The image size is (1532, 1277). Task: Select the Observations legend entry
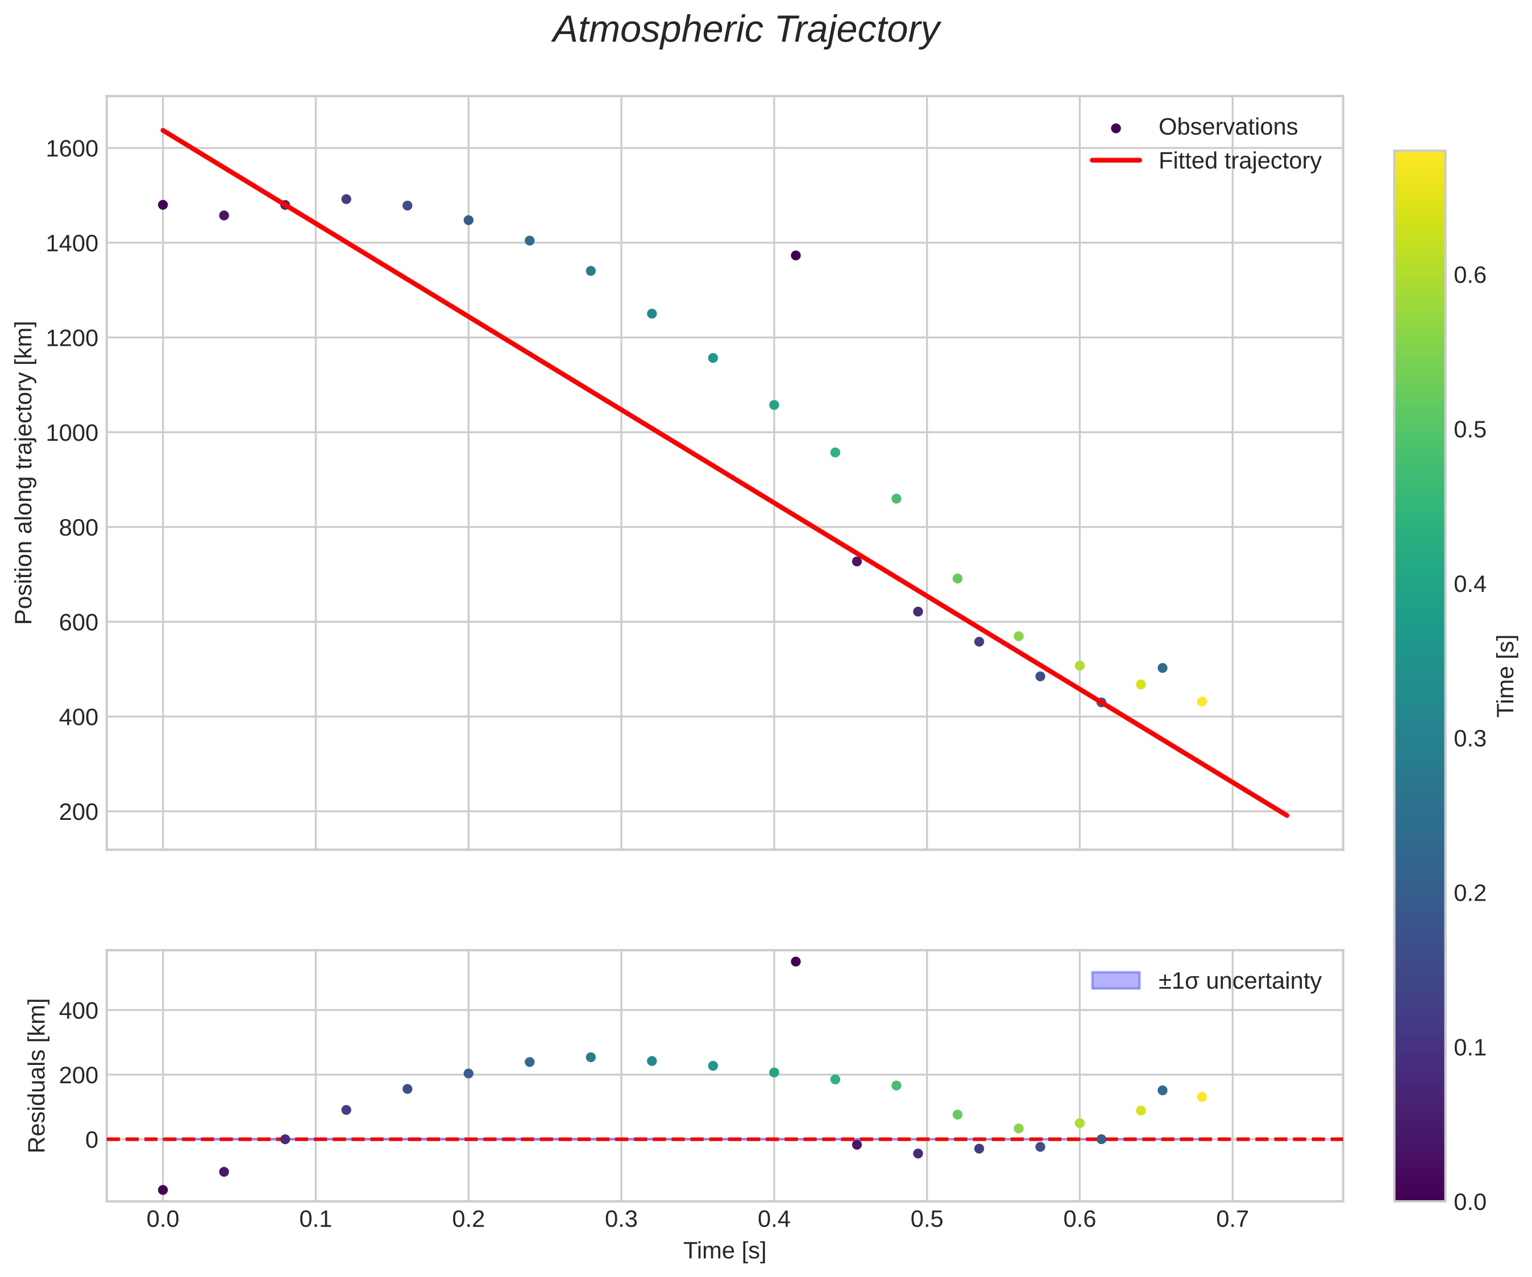point(1227,127)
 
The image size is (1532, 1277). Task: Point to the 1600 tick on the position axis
point(72,149)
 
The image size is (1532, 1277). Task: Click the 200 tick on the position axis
point(78,811)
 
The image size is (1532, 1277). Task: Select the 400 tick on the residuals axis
point(78,1011)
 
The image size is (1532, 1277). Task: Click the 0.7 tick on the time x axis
point(1232,1218)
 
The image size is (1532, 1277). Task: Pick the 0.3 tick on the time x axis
point(621,1218)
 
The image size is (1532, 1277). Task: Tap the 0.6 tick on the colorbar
point(1469,275)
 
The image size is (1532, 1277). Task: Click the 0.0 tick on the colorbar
point(1469,1202)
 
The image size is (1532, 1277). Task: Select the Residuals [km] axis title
point(36,1076)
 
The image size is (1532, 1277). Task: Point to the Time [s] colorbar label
point(1506,675)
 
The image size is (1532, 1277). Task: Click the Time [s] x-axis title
point(724,1251)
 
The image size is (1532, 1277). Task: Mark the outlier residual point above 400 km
point(795,962)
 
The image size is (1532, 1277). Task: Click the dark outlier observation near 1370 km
point(795,255)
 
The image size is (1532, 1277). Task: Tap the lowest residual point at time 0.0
point(163,1190)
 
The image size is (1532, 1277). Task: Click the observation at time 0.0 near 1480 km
point(163,205)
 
